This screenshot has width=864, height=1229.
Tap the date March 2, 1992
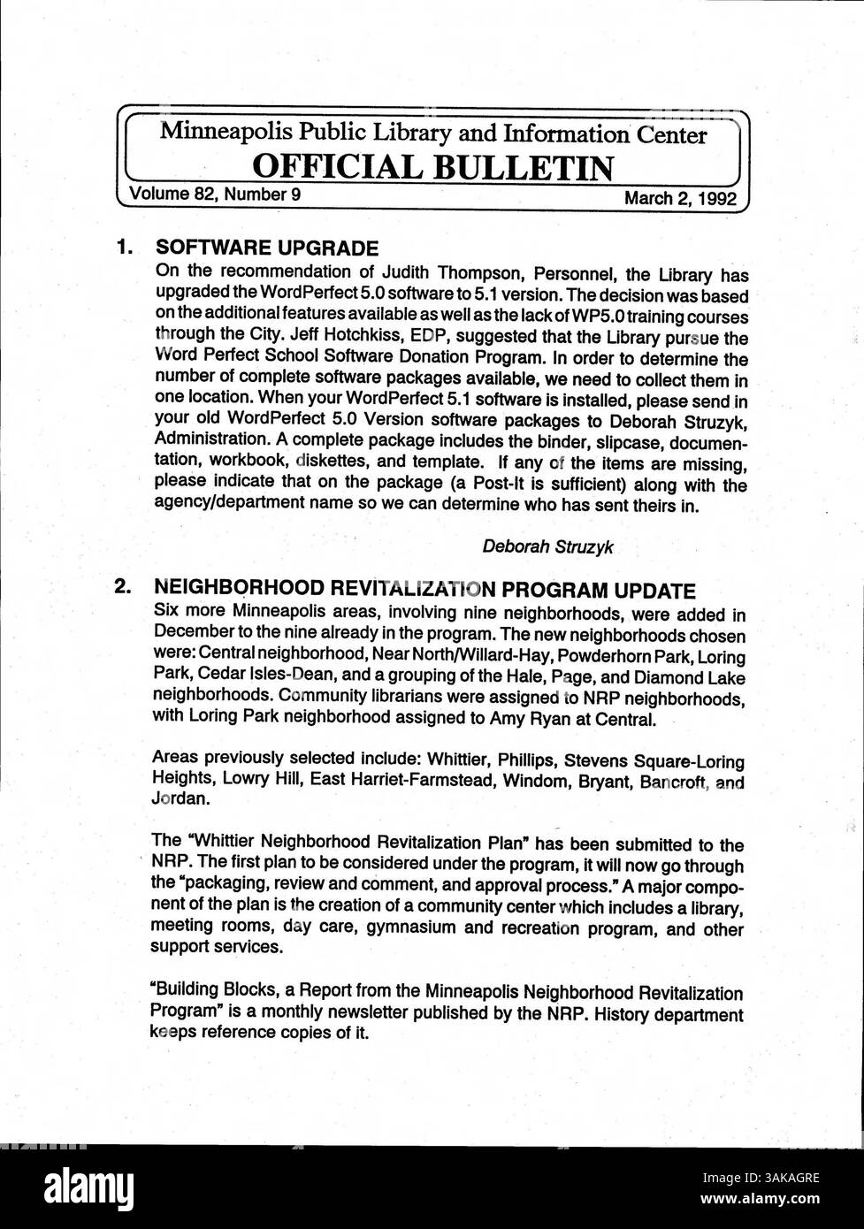680,197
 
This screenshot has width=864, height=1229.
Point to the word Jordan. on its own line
181,798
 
